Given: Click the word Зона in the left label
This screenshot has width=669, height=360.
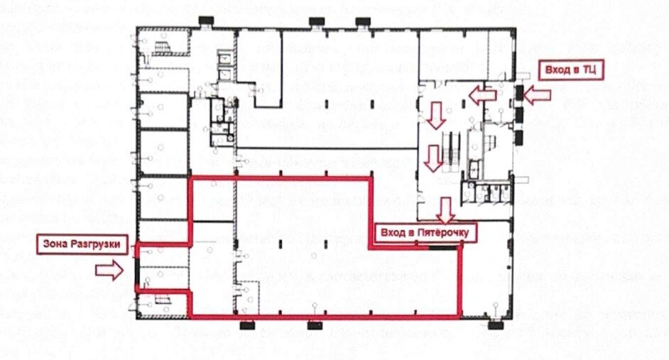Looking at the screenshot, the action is [x=55, y=244].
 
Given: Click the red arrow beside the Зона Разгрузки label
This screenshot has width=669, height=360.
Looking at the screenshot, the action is [x=109, y=270].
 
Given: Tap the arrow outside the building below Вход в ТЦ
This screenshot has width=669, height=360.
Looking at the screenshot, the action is [x=537, y=94].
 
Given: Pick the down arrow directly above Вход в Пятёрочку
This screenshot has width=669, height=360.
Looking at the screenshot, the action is [x=446, y=211].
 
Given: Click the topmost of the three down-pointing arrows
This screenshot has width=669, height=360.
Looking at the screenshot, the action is [x=437, y=115].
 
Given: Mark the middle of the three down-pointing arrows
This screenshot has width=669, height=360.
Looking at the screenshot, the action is [x=433, y=158].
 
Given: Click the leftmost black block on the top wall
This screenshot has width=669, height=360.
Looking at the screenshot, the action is [x=207, y=21].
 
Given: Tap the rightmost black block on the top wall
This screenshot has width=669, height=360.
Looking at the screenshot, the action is [x=363, y=21].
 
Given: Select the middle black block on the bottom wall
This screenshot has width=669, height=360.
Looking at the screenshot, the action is [x=315, y=325].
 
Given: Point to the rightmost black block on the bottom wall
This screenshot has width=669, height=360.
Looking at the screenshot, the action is [x=495, y=325].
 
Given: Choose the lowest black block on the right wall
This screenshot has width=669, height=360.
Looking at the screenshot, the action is [x=519, y=137].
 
